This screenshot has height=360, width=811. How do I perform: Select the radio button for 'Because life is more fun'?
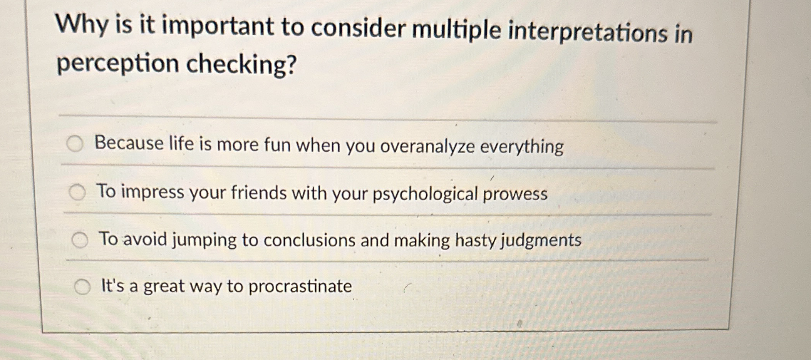pos(75,144)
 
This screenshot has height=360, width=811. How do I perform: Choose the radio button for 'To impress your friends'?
pos(77,192)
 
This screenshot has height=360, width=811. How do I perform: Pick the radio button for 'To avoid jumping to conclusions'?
pos(80,240)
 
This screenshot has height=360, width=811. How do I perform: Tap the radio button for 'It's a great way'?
pos(82,287)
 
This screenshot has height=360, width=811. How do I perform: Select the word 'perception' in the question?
pos(117,64)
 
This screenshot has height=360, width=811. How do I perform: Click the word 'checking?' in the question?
pos(242,64)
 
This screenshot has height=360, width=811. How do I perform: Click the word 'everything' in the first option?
pos(522,147)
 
